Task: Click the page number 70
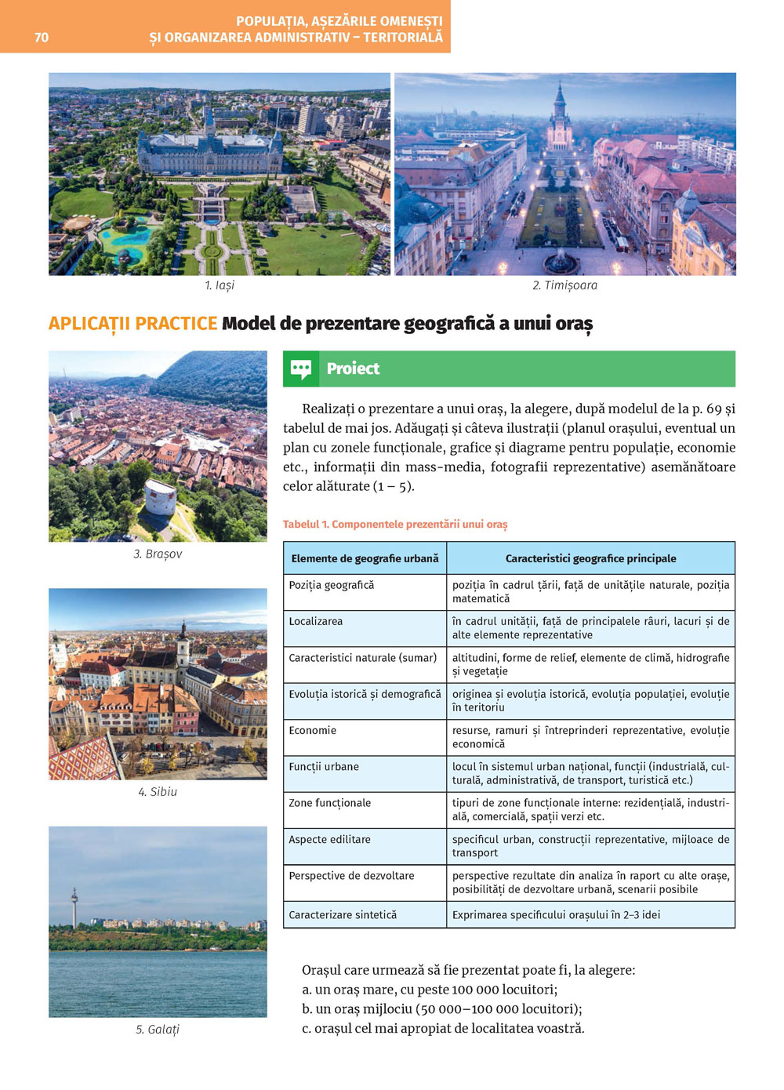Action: pos(42,37)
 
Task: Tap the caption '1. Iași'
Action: pos(220,285)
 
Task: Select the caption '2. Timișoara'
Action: pos(564,285)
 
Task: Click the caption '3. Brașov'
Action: pos(158,554)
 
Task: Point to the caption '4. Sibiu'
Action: pos(158,792)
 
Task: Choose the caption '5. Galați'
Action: pos(158,1030)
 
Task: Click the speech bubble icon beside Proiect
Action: pos(301,369)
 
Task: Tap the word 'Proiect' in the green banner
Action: pos(353,369)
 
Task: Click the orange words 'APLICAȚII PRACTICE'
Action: pos(132,324)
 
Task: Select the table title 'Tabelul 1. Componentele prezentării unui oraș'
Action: pos(395,524)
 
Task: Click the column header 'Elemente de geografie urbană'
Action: pos(365,558)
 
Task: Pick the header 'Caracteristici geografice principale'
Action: pos(590,558)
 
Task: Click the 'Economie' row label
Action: pos(313,730)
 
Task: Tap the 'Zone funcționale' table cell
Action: pos(330,803)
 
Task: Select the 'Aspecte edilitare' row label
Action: pos(329,839)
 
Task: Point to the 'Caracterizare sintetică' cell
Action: pos(343,914)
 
